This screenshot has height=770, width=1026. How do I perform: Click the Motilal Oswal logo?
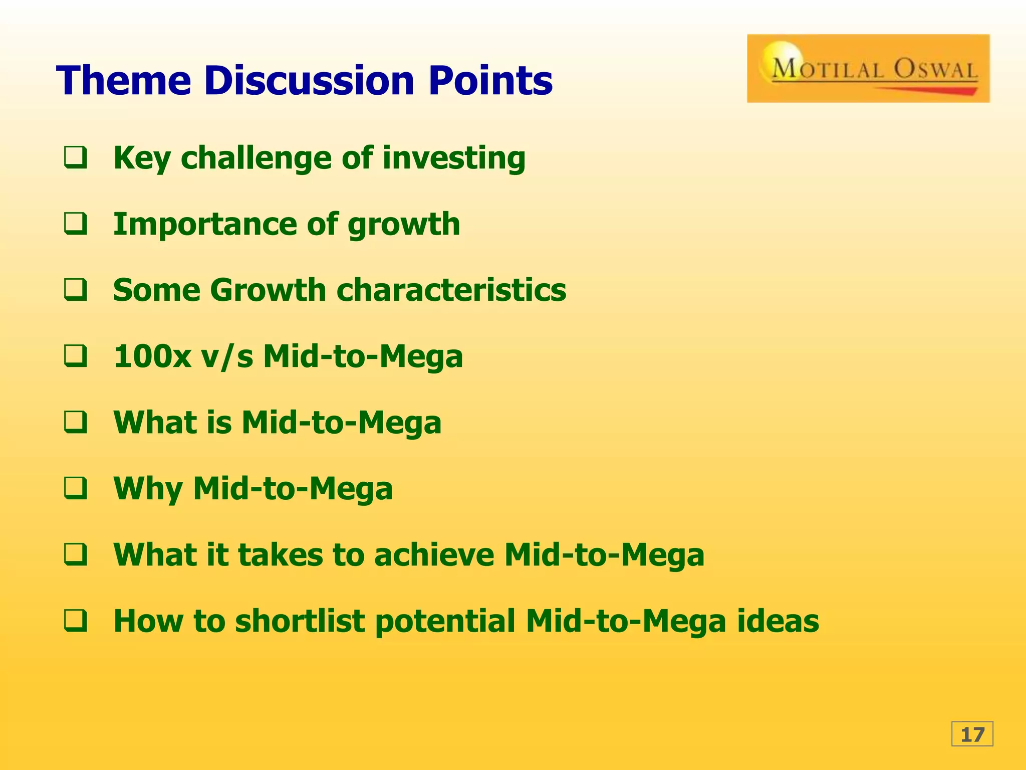coord(868,69)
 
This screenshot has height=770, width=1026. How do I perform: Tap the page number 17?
coord(972,734)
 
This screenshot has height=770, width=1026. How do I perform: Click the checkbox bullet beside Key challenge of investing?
coord(76,157)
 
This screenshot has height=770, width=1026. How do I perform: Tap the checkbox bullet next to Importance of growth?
coord(76,224)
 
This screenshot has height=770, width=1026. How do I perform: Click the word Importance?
coord(204,224)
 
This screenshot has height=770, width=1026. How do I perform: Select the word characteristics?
coord(451,290)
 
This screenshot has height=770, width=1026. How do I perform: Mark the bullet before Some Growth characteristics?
coord(76,290)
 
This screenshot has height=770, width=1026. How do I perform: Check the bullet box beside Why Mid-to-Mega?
coord(76,488)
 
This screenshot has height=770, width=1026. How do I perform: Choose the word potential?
coord(445,622)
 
